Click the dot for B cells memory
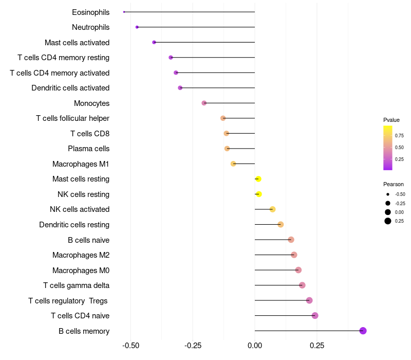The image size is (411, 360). click(363, 331)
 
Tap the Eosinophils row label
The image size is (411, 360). click(90, 12)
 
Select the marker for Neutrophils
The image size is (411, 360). click(137, 27)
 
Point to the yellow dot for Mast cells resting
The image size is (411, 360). click(258, 179)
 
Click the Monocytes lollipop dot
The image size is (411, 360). click(204, 103)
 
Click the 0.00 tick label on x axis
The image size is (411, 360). click(255, 346)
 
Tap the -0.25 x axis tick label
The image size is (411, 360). click(193, 346)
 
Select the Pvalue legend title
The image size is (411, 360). click(391, 120)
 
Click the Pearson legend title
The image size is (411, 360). click(393, 184)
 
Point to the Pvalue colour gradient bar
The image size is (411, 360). click(388, 148)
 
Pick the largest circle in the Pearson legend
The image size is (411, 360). click(388, 221)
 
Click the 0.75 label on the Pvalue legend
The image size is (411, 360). click(399, 136)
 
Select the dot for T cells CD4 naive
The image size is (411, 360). click(315, 315)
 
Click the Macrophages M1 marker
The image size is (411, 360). click(233, 164)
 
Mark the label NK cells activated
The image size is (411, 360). click(80, 209)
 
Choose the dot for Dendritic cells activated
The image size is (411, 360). click(180, 88)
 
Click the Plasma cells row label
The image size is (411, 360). click(88, 149)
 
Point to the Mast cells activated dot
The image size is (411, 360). click(154, 42)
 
